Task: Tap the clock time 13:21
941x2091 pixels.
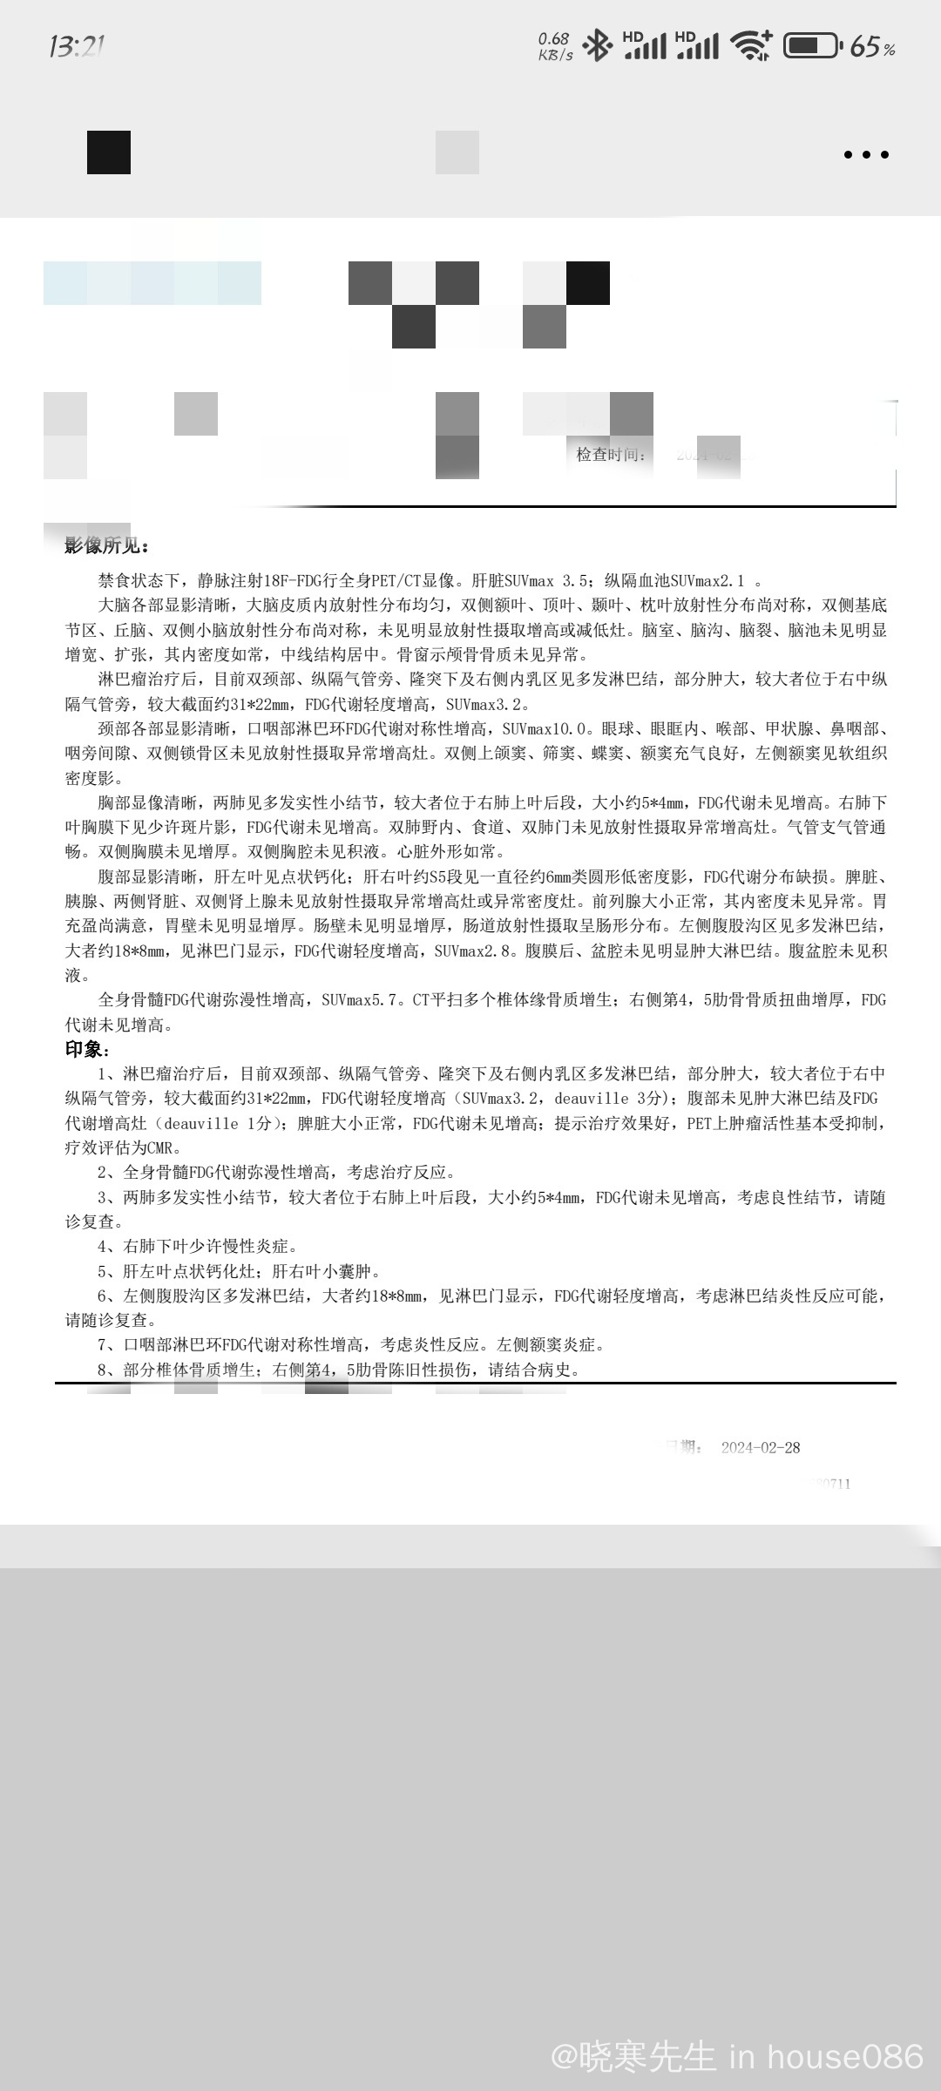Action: (x=77, y=46)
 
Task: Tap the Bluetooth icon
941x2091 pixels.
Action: (x=597, y=45)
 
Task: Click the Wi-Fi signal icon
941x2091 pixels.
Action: (x=750, y=45)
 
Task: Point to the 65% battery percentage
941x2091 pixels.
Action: (x=872, y=47)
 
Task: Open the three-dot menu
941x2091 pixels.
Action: (x=866, y=155)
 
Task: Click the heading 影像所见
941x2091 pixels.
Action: (x=107, y=546)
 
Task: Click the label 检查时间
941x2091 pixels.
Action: (x=611, y=454)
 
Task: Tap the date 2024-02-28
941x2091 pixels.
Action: (x=761, y=1447)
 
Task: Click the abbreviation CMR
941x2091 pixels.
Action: (x=162, y=1148)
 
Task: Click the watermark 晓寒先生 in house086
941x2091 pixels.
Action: (x=737, y=2057)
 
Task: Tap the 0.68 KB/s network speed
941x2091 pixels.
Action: (x=555, y=46)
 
